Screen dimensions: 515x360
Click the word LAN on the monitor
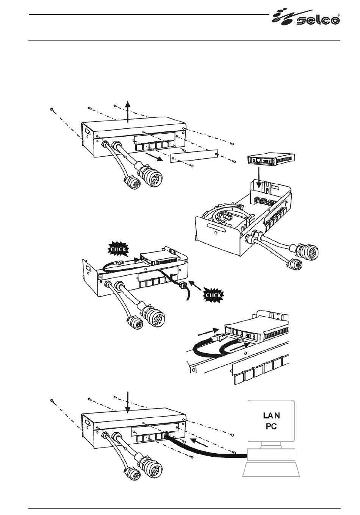(271, 416)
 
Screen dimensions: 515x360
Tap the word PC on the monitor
(271, 426)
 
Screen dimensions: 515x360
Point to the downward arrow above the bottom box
(128, 403)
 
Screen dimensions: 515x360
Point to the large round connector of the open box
(307, 251)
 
